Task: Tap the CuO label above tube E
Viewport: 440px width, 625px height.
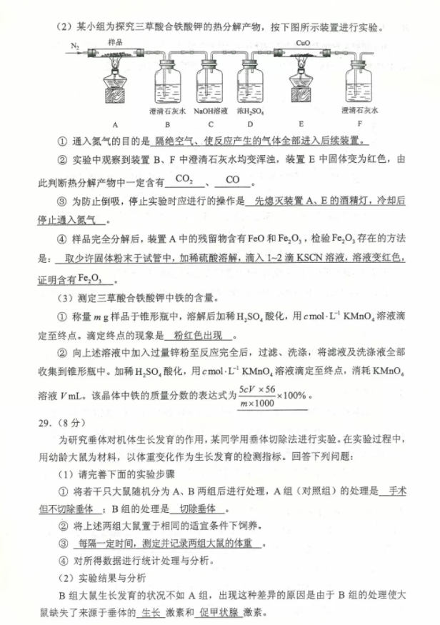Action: (x=302, y=43)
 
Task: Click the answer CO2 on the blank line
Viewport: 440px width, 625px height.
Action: (x=184, y=179)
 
